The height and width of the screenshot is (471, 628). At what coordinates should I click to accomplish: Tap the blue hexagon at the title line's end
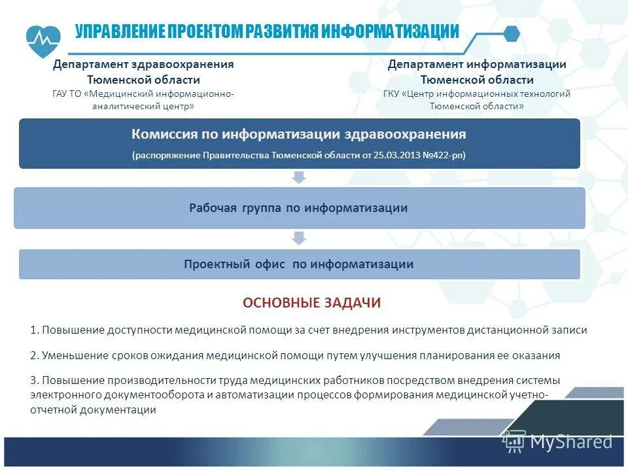click(512, 33)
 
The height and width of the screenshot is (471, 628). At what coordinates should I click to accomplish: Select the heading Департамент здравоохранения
click(143, 64)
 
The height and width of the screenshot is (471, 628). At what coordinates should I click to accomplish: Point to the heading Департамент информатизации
click(477, 64)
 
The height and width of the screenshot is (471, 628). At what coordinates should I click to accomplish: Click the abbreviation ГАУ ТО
click(66, 94)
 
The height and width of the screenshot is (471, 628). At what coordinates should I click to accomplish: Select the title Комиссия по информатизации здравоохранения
click(299, 134)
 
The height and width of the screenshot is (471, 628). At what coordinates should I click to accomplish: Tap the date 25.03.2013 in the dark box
click(391, 156)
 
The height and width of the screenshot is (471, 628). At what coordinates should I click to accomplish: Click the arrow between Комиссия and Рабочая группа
click(299, 177)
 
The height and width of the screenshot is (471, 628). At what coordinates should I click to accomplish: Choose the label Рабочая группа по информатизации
click(298, 208)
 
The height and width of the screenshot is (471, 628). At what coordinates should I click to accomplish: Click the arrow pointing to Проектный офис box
click(299, 238)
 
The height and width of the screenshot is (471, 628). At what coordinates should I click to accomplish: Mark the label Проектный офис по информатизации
click(298, 264)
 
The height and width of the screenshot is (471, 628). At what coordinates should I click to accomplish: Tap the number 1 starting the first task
click(33, 330)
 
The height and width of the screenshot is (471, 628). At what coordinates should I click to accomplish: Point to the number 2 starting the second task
click(33, 356)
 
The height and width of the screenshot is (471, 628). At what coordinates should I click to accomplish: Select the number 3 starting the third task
click(33, 380)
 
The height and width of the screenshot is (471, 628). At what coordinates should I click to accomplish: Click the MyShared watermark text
click(571, 442)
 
